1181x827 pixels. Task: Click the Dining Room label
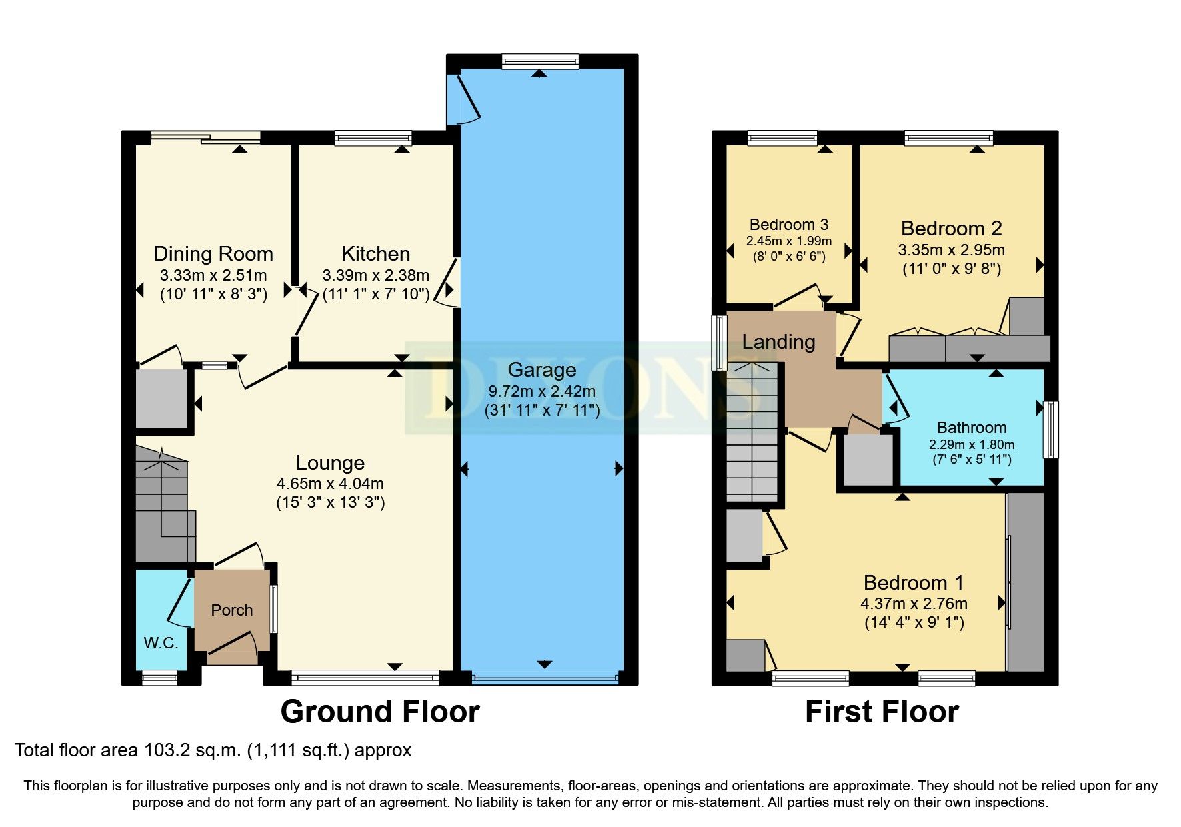[213, 254]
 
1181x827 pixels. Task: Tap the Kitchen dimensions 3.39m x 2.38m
[375, 275]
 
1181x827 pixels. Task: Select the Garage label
[541, 370]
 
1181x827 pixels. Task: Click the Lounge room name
[330, 463]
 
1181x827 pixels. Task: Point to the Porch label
[232, 610]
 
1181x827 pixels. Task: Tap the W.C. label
[161, 643]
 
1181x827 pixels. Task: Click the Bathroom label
[971, 428]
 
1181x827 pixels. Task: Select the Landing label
[778, 342]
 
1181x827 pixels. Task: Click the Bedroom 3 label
[788, 225]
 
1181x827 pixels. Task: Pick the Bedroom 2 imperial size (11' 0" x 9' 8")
[952, 269]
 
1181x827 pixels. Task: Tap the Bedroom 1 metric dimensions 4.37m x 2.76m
[914, 604]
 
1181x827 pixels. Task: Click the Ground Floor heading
[380, 712]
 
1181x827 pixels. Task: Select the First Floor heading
[882, 712]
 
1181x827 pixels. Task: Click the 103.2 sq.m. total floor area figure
[192, 750]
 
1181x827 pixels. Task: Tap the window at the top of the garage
[540, 62]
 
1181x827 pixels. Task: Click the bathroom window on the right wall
[1050, 429]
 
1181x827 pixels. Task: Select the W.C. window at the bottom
[160, 678]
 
